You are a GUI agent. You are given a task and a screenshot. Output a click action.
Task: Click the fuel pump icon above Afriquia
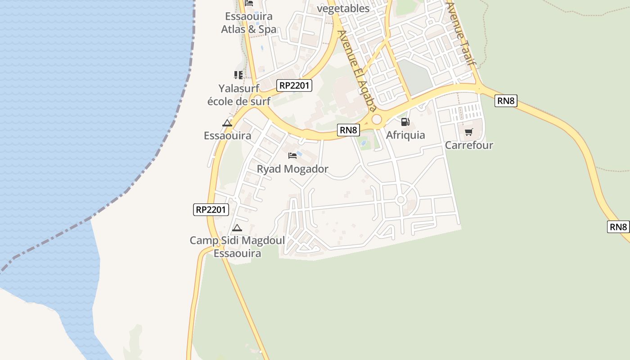coord(405,122)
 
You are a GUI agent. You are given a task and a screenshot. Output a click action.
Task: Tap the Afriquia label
coord(405,135)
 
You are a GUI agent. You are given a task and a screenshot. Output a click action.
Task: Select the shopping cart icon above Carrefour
coord(469,132)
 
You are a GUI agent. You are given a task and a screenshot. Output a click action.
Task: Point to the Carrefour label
coord(469,145)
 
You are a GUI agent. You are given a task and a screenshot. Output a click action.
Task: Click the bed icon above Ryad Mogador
coord(292,156)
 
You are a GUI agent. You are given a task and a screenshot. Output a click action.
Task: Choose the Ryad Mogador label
coord(292,169)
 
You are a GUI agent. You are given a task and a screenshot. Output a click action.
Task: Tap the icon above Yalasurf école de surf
coord(238,75)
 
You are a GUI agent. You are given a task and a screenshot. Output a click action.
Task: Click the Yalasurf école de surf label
coord(239,94)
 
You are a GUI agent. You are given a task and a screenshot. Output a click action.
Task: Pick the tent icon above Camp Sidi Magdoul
coord(237,228)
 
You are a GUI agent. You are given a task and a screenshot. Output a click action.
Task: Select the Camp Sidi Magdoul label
coord(237,240)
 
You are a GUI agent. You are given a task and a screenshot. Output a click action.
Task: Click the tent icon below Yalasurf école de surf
coord(227,123)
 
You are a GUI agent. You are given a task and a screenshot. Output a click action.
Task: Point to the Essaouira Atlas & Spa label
coord(249,23)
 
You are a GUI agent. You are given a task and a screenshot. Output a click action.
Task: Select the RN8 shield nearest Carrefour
coord(506,101)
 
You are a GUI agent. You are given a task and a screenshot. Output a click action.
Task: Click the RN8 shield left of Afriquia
coord(349,130)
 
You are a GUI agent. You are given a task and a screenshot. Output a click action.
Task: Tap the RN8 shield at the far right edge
coord(618,227)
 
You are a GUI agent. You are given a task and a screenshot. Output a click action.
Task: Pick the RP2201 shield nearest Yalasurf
coord(295,85)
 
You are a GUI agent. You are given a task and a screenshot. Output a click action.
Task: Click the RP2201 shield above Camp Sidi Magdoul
coord(211,209)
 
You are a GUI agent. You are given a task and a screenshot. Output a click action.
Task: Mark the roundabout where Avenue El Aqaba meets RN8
coord(377,119)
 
